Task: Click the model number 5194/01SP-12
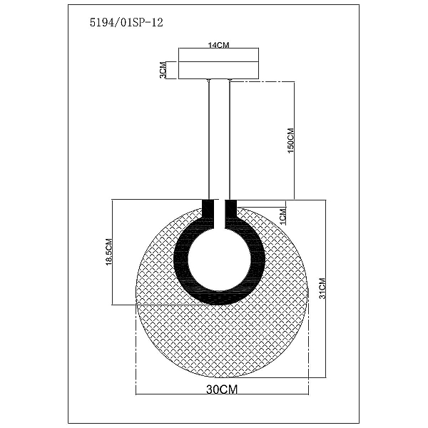(x=126, y=22)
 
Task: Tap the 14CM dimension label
(x=219, y=45)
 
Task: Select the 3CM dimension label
(x=163, y=70)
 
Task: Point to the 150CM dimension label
(x=291, y=141)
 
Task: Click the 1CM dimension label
(x=283, y=216)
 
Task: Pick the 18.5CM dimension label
(x=109, y=252)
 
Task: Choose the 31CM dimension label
(x=322, y=288)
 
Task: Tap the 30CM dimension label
(x=222, y=389)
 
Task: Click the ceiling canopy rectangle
(x=219, y=63)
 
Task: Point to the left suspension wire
(x=208, y=140)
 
